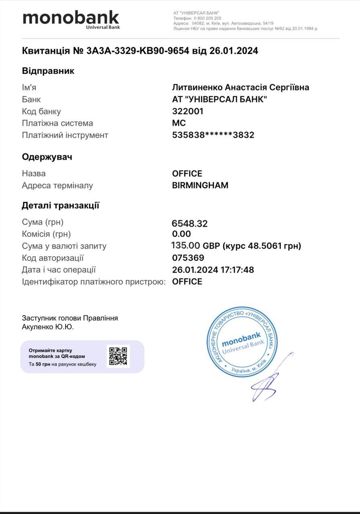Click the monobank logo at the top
click(71, 19)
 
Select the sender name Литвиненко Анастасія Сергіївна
click(240, 88)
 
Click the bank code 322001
click(188, 111)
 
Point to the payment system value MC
click(179, 123)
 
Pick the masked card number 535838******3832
click(213, 135)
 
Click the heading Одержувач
click(47, 157)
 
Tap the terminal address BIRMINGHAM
click(200, 186)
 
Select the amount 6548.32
click(190, 223)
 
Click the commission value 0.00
click(181, 234)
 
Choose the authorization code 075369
click(188, 258)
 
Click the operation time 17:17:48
click(237, 270)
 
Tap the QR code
click(118, 356)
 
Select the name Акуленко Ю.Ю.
click(48, 327)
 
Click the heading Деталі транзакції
click(60, 206)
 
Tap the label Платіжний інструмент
click(65, 135)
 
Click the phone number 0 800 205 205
click(207, 18)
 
